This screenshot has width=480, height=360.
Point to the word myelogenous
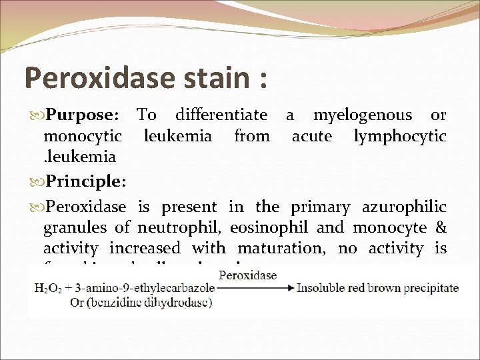click(363, 115)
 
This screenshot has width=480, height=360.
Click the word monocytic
click(82, 137)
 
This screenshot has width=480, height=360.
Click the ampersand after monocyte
click(441, 227)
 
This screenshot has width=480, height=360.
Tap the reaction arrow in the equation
click(255, 288)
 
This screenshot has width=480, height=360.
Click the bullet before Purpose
click(36, 116)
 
